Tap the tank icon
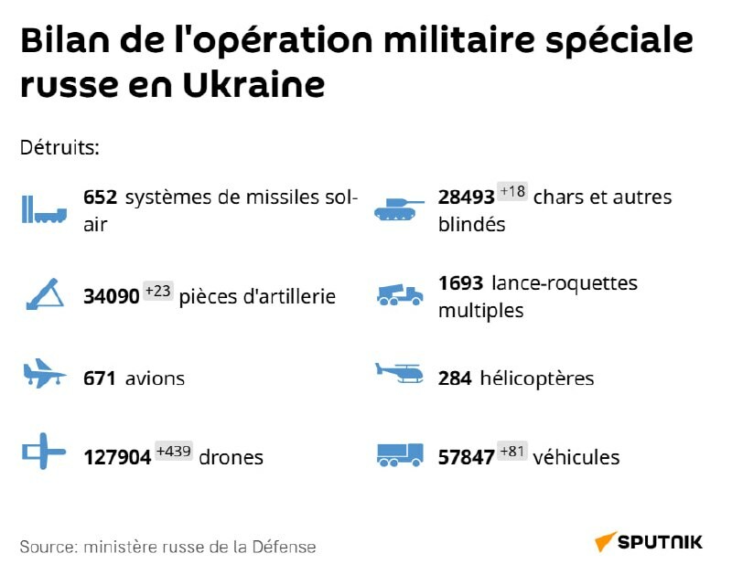(x=400, y=209)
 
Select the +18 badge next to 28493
(x=512, y=192)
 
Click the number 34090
(x=111, y=296)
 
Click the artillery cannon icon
(x=43, y=294)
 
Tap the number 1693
(x=460, y=283)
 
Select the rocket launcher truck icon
(x=400, y=294)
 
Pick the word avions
(x=155, y=378)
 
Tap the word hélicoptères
(x=536, y=378)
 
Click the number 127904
(x=117, y=457)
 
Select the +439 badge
(x=174, y=452)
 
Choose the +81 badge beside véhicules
(x=512, y=452)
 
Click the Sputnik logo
(x=649, y=542)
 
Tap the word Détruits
(x=59, y=147)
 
